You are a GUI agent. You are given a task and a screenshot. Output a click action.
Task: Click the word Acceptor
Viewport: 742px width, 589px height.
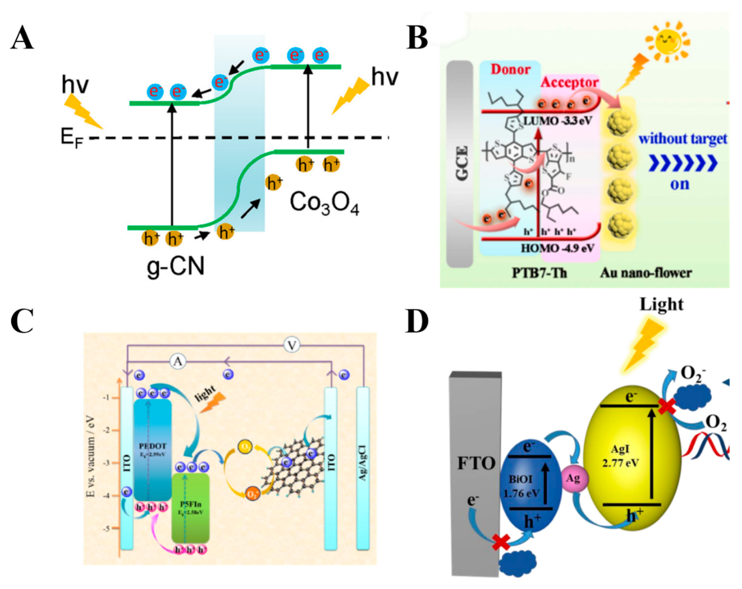tap(570, 83)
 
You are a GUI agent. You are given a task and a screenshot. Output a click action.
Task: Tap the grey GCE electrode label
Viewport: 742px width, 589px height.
tap(462, 163)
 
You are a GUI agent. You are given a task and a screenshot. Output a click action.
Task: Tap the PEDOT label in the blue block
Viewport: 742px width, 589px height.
tap(152, 446)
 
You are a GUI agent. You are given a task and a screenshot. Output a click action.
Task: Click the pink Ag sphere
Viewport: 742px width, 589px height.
tap(573, 479)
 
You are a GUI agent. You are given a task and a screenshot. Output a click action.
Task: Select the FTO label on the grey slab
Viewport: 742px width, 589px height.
tap(476, 463)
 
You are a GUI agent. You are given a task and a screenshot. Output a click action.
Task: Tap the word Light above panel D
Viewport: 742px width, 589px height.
tap(661, 305)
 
